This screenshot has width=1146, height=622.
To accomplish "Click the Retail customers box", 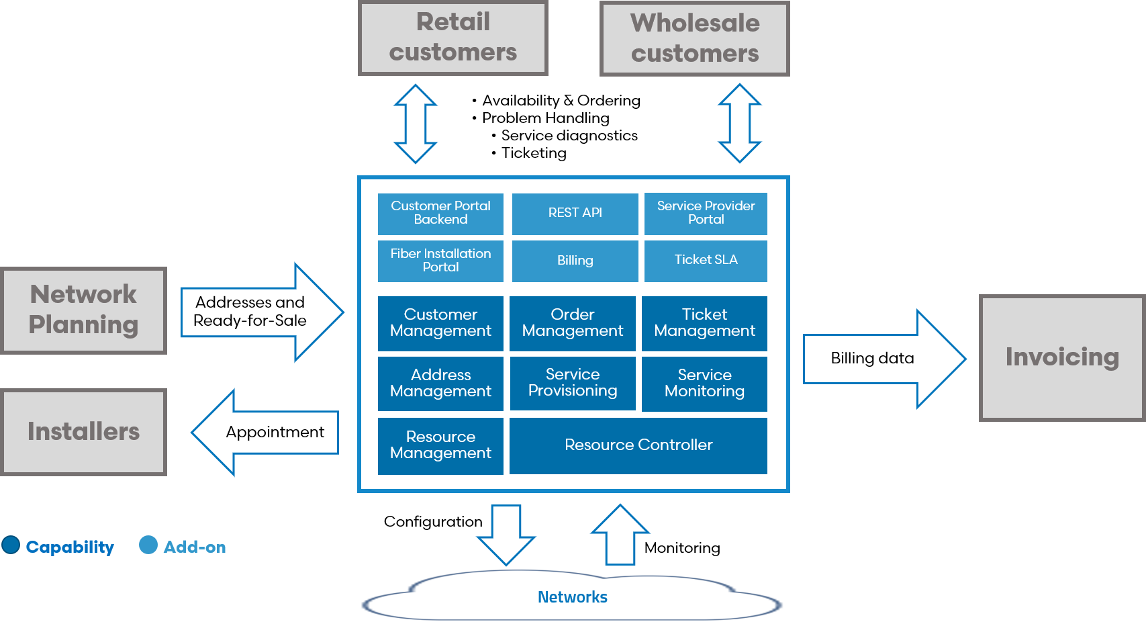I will pyautogui.click(x=453, y=38).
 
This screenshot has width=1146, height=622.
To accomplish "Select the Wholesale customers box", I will pyautogui.click(x=694, y=38).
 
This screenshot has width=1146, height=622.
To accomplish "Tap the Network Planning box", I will pyautogui.click(x=84, y=310).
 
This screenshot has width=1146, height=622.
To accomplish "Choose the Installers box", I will pyautogui.click(x=84, y=431).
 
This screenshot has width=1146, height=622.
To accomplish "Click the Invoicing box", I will pyautogui.click(x=1061, y=357).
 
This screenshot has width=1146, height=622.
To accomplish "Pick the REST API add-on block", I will pyautogui.click(x=575, y=214).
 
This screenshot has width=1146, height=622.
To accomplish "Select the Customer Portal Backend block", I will pyautogui.click(x=440, y=214).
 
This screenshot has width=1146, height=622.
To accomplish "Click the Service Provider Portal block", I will pyautogui.click(x=706, y=214).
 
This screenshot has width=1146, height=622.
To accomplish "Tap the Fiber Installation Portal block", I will pyautogui.click(x=440, y=261).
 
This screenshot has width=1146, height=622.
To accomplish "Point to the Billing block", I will pyautogui.click(x=575, y=261).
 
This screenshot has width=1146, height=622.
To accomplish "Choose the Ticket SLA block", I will pyautogui.click(x=706, y=261).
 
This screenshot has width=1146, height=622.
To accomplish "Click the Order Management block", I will pyautogui.click(x=573, y=323).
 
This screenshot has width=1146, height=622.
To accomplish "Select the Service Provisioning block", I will pyautogui.click(x=573, y=383).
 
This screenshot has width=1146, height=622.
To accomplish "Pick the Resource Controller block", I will pyautogui.click(x=638, y=445).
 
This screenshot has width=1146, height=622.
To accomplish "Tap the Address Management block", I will pyautogui.click(x=440, y=383).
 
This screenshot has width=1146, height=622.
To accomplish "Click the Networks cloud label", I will pyautogui.click(x=572, y=597).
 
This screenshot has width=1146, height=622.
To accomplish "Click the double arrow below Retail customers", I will pyautogui.click(x=416, y=124).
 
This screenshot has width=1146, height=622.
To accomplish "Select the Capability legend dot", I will pyautogui.click(x=11, y=545).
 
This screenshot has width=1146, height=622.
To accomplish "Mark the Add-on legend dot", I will pyautogui.click(x=148, y=545).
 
